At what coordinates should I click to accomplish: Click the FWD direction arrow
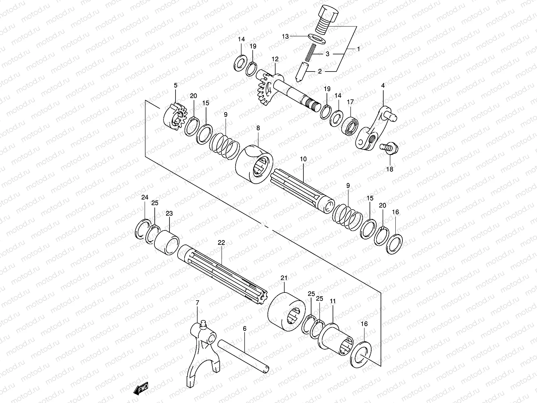click(x=141, y=389)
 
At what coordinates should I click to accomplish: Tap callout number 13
click(x=285, y=36)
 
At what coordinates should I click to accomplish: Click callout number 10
click(x=303, y=159)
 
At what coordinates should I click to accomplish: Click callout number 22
click(x=221, y=242)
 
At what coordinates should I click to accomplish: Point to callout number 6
click(x=245, y=328)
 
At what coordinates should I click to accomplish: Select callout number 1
click(x=358, y=49)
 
